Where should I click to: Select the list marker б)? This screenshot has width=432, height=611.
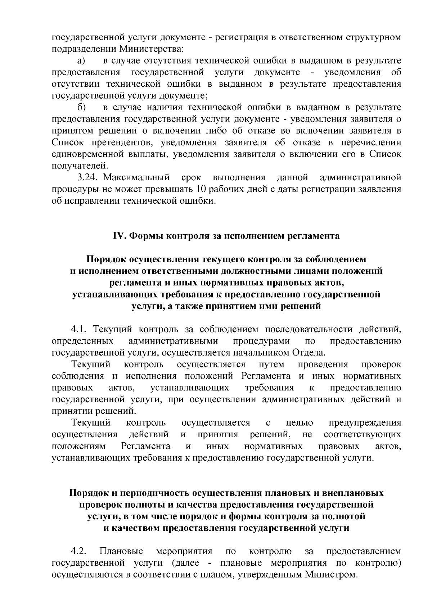[x=81, y=108]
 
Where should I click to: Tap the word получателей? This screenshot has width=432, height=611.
[x=80, y=166]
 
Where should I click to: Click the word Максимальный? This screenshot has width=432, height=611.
[x=138, y=177]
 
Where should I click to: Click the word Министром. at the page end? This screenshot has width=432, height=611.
[x=331, y=574]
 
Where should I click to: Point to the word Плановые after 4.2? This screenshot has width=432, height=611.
[x=121, y=551]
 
